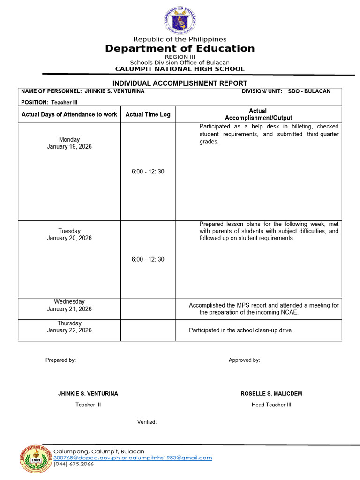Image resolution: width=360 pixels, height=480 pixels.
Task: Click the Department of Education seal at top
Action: coord(180,20)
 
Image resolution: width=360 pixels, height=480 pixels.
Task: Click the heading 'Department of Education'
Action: coord(180,49)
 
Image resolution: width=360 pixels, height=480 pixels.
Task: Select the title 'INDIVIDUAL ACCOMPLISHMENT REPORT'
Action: coord(180,83)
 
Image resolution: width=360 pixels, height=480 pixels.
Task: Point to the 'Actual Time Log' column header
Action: coord(148,114)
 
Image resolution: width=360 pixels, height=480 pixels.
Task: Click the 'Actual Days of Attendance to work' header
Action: coord(69,114)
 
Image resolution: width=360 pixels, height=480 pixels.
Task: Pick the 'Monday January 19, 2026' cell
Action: coord(69,143)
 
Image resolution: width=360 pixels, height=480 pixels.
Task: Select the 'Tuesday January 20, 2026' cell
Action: coord(69,234)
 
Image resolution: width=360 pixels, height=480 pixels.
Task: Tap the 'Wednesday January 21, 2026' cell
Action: coord(69,305)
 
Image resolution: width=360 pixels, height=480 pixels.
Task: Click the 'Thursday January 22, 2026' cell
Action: coord(69,327)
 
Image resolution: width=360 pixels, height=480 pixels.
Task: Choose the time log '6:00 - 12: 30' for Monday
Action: coord(148,172)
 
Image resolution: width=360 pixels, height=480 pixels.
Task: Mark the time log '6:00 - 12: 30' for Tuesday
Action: coord(148,259)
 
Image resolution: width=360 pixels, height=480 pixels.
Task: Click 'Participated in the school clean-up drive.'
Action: coord(241,330)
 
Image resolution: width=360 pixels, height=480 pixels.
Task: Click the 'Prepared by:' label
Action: coord(60,360)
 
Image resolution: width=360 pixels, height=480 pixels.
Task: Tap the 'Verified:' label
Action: coord(147,422)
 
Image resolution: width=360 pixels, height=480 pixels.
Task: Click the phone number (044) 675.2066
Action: coord(74,464)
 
